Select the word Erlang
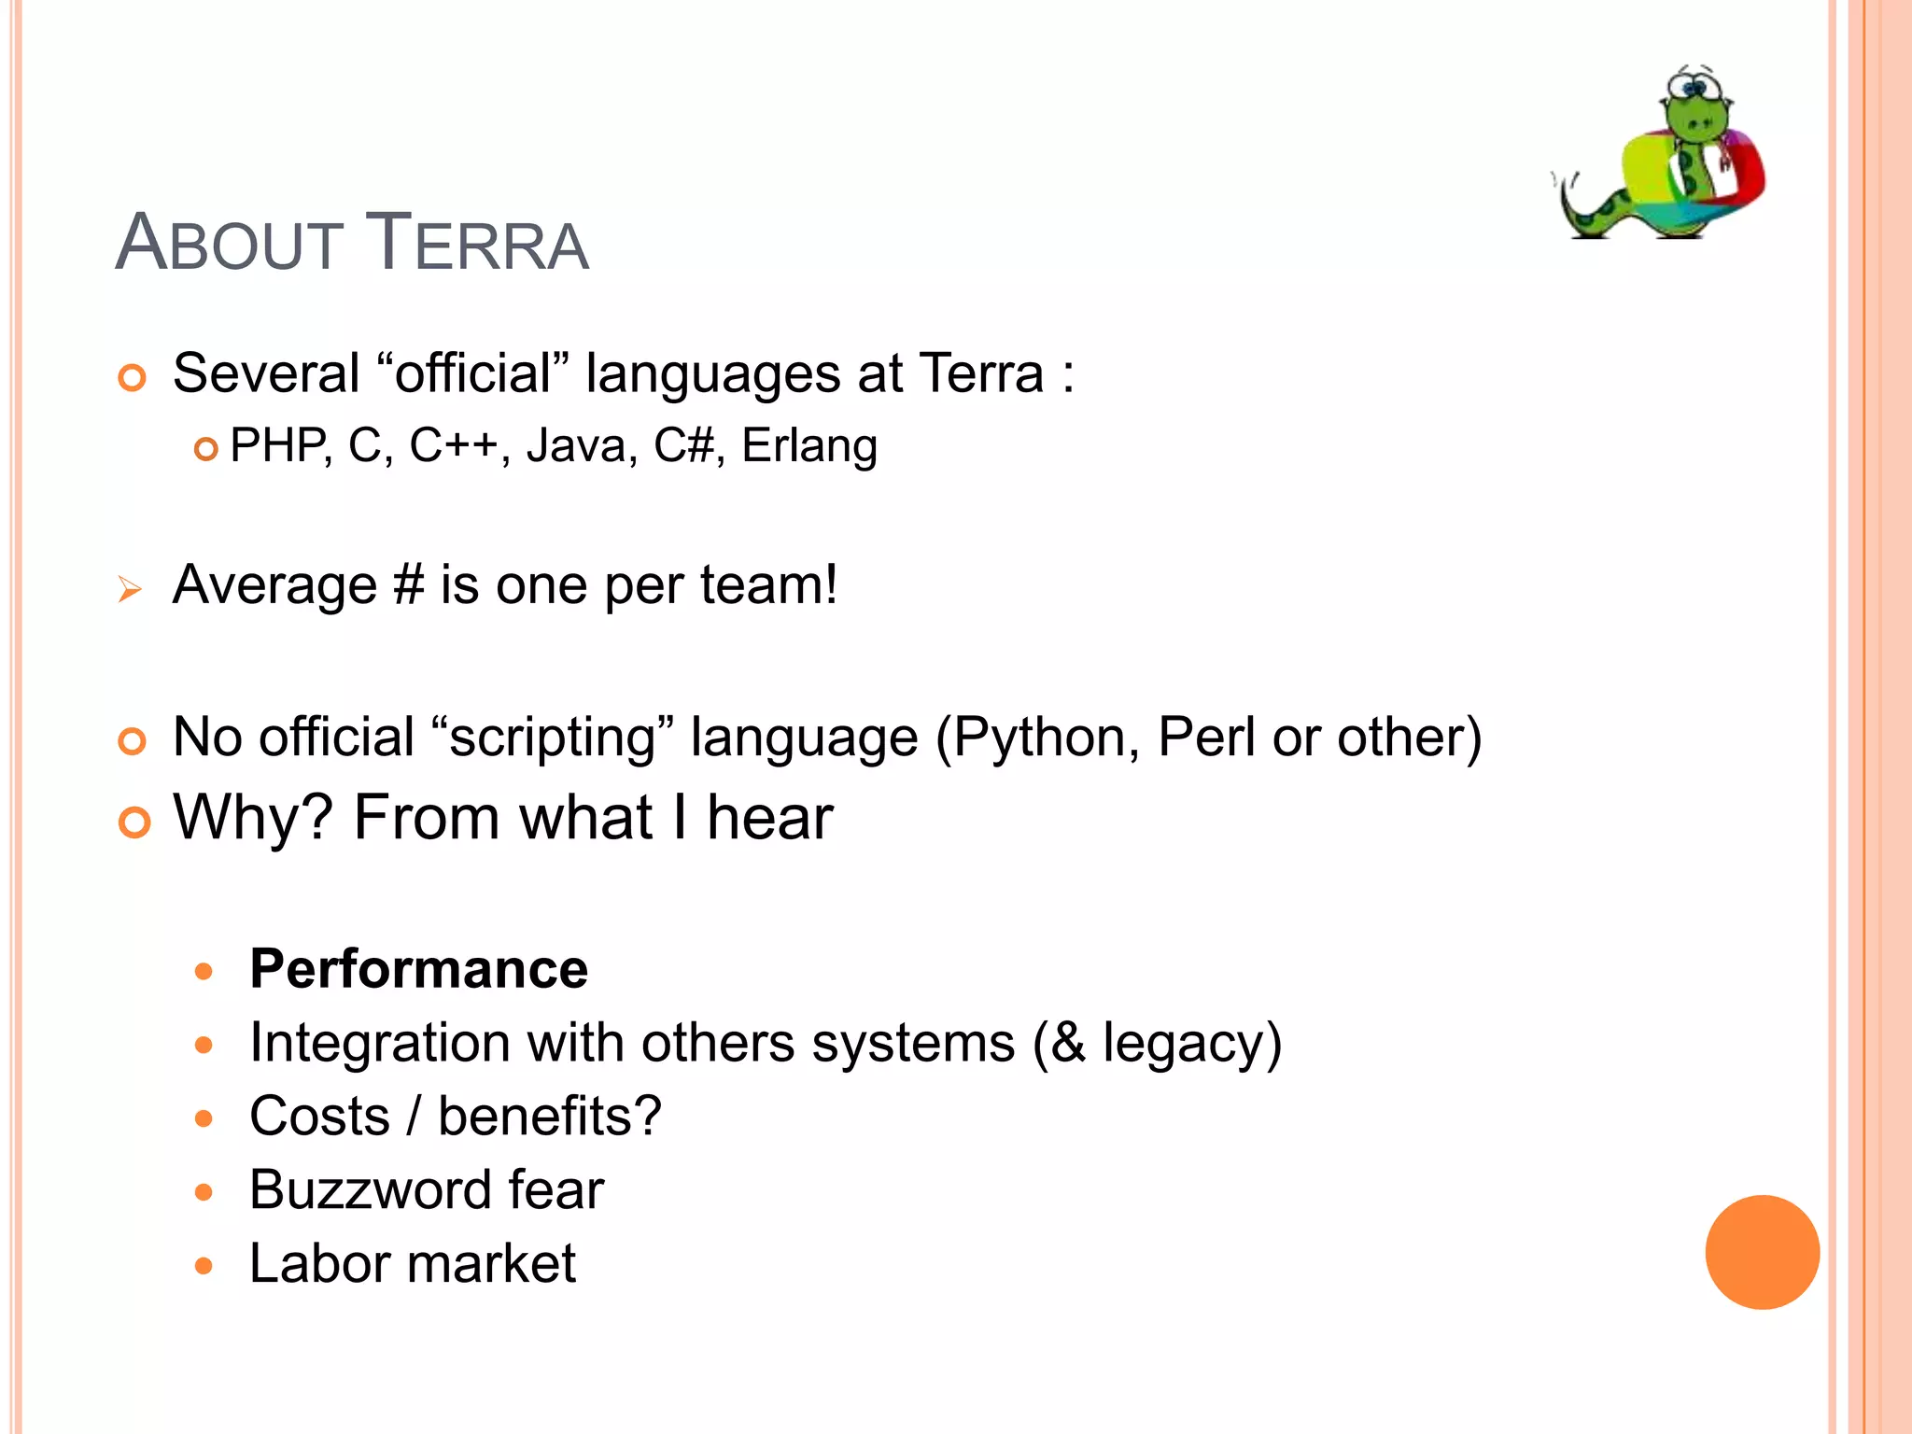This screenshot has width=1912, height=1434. click(809, 447)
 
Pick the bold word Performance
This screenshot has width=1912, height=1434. click(419, 969)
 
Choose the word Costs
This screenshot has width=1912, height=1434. click(319, 1117)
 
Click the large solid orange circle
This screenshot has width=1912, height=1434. click(1762, 1252)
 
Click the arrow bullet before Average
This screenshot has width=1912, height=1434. click(130, 589)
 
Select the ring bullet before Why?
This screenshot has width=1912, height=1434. click(134, 822)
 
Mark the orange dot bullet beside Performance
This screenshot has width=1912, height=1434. click(204, 972)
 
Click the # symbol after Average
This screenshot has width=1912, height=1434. click(408, 586)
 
